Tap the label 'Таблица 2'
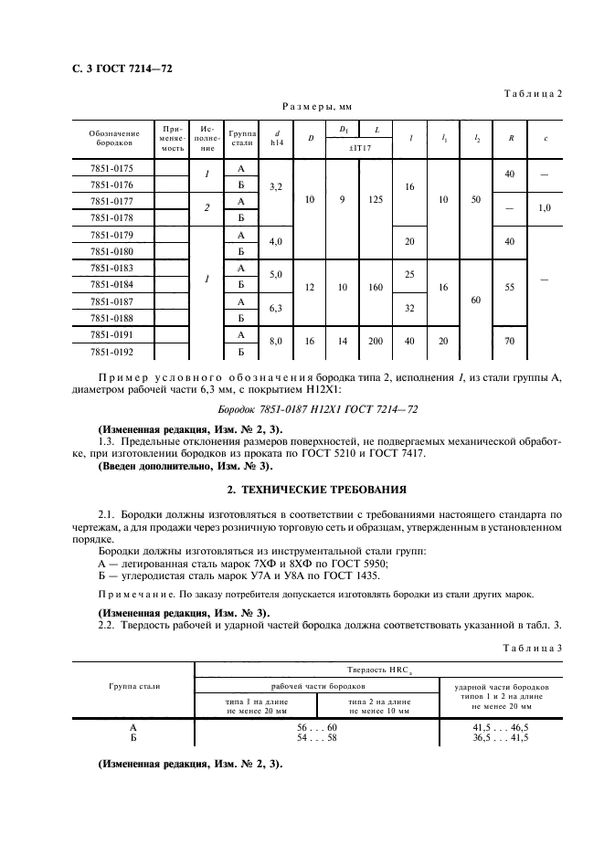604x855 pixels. [532, 94]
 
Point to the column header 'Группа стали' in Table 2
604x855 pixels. [242, 138]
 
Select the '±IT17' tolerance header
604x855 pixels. [359, 146]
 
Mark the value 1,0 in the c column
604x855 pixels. [545, 208]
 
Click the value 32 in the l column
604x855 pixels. [409, 309]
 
